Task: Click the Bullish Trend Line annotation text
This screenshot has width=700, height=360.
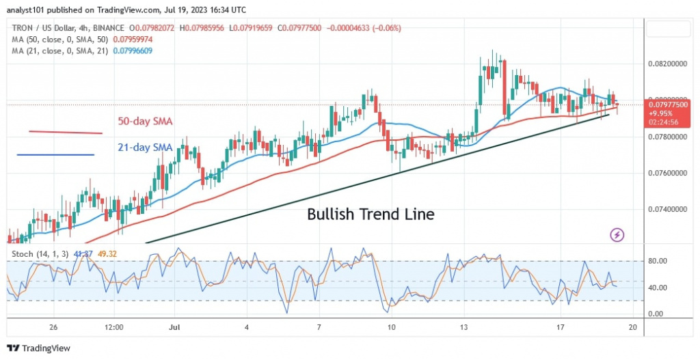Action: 371,214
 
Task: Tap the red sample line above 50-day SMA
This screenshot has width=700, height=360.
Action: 65,132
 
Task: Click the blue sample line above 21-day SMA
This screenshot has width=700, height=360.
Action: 55,154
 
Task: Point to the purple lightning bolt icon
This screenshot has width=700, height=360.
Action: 617,235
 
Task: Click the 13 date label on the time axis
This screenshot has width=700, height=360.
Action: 464,328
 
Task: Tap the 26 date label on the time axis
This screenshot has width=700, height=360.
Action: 53,328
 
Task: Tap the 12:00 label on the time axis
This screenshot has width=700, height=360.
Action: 113,328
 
